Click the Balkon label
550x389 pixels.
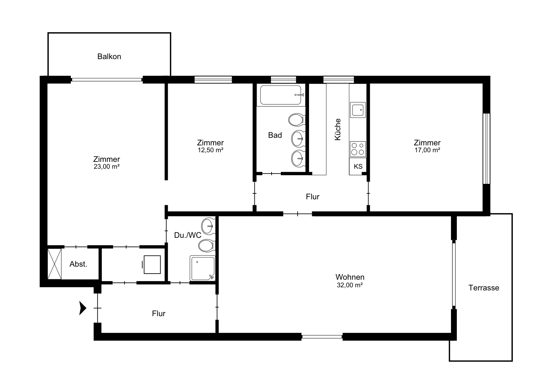point(109,56)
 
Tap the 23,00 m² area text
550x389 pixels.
point(107,167)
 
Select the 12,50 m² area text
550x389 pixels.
point(210,150)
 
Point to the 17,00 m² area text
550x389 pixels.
point(427,150)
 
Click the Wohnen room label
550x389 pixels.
point(350,277)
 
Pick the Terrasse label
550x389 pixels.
point(484,288)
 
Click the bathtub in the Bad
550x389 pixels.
point(281,95)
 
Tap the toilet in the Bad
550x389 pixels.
point(297,120)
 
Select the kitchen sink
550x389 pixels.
point(358,110)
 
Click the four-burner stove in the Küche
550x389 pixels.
point(358,149)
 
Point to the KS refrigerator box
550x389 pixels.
point(358,166)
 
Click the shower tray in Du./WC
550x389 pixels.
point(202,268)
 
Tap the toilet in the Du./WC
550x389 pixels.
point(207,246)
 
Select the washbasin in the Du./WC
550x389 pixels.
point(208,226)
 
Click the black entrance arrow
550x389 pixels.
point(83,308)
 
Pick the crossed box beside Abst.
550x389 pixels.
point(55,264)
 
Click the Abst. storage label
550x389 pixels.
point(78,264)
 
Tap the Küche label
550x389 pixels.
point(338,129)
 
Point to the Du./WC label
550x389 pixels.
point(188,235)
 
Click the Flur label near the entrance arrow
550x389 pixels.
point(158,313)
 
